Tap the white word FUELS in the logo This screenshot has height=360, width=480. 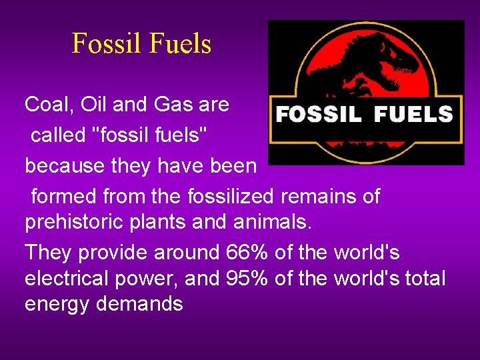(413, 115)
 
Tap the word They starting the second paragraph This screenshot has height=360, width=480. (48, 253)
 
